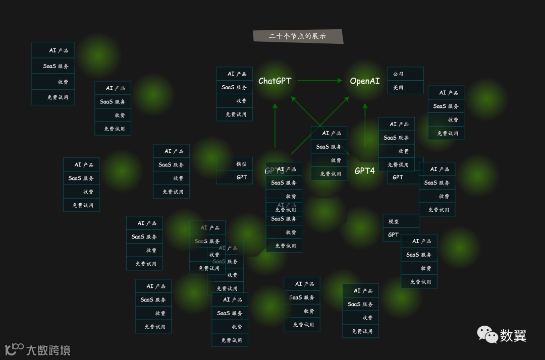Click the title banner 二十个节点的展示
point(298,36)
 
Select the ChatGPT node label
point(275,81)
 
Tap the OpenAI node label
point(365,81)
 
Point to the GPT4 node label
point(364,171)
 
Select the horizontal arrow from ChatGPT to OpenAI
point(320,81)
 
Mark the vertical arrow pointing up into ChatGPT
point(275,126)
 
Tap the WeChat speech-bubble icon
point(487,334)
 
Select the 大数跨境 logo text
point(48,350)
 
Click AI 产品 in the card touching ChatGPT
point(235,74)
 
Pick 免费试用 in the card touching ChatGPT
point(235,114)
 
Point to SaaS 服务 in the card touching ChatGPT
point(235,87)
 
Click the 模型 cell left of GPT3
point(235,164)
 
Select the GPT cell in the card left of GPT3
point(235,177)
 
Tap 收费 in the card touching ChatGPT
point(235,101)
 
